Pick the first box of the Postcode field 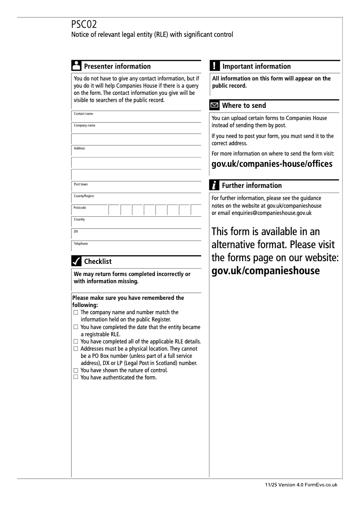point(114,210)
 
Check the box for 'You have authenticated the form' point(76,377)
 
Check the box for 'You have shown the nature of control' point(76,370)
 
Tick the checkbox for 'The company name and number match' point(76,312)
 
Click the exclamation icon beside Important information point(215,66)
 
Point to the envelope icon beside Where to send point(215,106)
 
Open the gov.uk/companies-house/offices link point(272,164)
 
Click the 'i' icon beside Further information point(215,185)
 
